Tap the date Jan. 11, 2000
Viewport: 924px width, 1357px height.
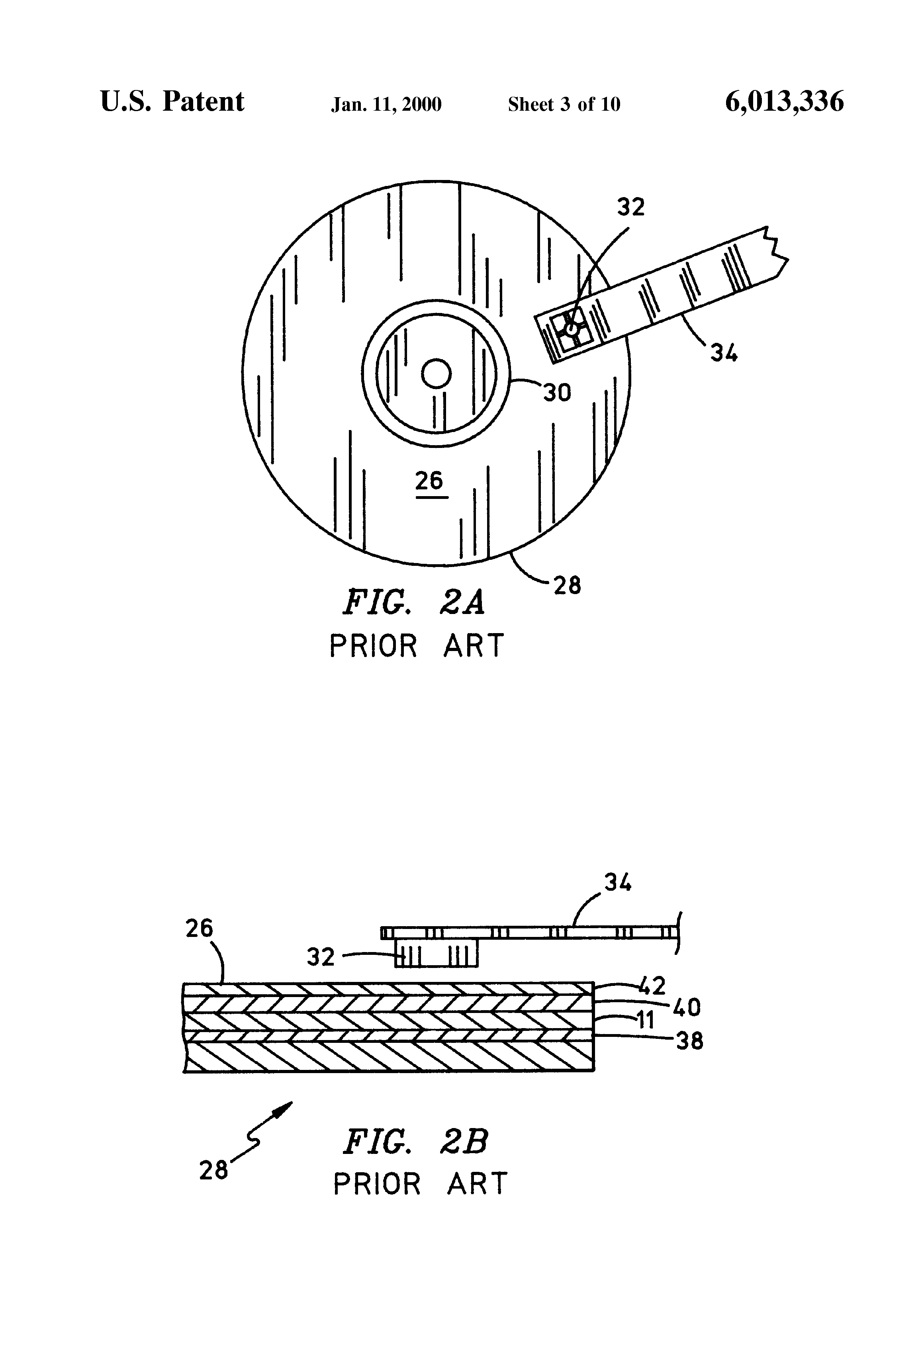point(387,104)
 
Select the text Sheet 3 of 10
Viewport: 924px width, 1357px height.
point(564,104)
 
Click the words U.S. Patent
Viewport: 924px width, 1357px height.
point(172,102)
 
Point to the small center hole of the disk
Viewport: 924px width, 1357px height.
point(436,374)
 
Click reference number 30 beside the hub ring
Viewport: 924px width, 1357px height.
point(557,393)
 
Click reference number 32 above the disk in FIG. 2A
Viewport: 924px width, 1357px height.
point(631,207)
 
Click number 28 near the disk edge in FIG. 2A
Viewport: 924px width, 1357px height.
point(567,585)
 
